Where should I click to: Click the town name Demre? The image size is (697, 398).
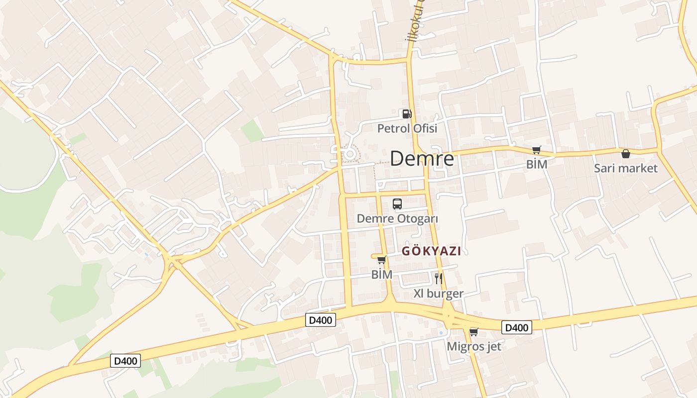point(422,159)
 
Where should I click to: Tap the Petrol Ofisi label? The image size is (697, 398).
point(407,128)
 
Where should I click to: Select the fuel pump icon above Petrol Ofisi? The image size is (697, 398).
point(407,114)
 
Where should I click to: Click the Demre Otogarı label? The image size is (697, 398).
point(397,218)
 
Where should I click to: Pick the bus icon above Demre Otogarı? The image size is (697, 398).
point(397,203)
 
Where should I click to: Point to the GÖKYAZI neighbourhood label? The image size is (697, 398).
point(431,251)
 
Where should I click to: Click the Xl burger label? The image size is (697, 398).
point(438,294)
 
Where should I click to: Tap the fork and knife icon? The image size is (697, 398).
point(438,278)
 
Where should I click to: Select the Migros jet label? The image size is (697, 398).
point(474,346)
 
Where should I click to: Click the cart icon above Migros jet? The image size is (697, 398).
point(473,332)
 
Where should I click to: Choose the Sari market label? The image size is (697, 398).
point(625,168)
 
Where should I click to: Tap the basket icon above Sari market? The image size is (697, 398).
point(625,154)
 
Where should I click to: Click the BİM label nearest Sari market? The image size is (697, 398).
point(537,164)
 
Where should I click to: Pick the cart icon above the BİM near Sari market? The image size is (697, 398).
point(536,150)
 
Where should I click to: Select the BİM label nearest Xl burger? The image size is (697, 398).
point(382,274)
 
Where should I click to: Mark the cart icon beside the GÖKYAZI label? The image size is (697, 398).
point(382,260)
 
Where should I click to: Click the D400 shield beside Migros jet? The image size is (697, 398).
point(516,327)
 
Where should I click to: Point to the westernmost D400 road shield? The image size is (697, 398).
point(125,361)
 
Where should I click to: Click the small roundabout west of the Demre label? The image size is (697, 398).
point(349,154)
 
